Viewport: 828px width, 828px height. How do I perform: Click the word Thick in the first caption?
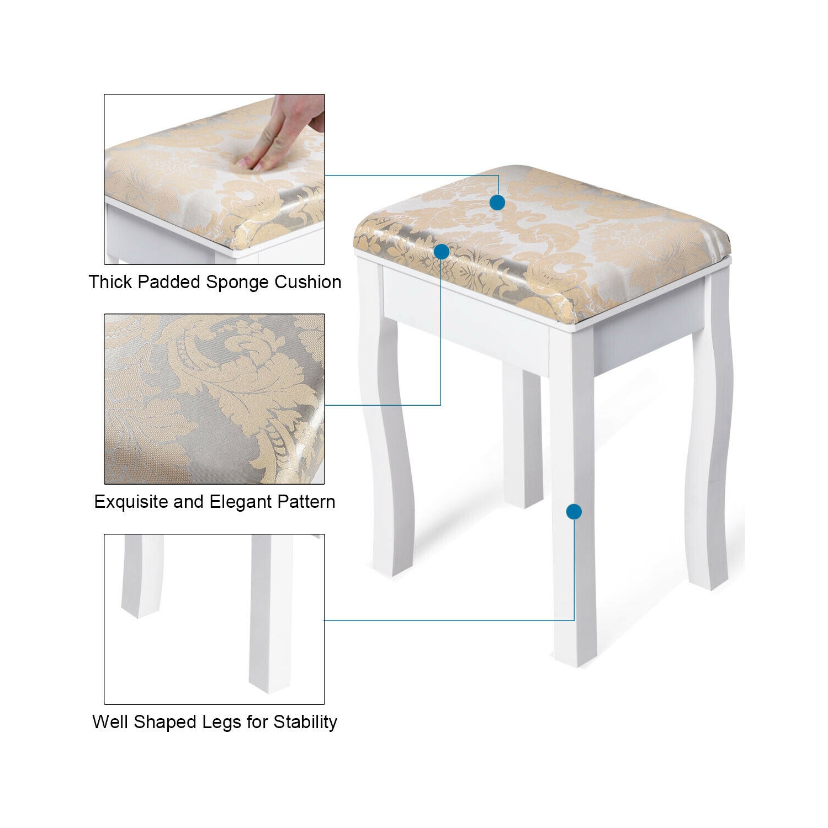tap(110, 282)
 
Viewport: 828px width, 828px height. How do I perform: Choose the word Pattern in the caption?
tap(306, 502)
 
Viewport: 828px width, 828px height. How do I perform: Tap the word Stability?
tap(305, 722)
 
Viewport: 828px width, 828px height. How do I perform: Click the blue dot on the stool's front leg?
tap(574, 512)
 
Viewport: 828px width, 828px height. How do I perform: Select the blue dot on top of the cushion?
tap(497, 203)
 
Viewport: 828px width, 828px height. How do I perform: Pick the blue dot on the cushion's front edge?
tap(442, 252)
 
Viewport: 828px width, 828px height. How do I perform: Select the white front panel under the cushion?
tap(466, 326)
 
